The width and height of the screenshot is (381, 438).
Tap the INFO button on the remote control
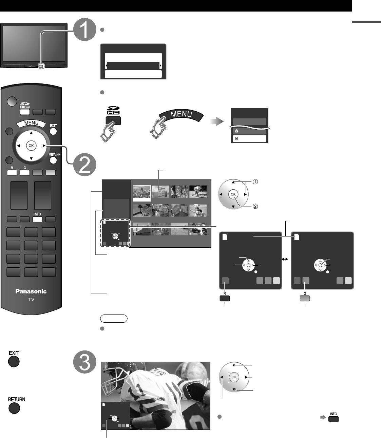[x=37, y=219]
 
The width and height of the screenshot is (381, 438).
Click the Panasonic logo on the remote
[x=31, y=291]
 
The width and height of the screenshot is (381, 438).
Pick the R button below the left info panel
[x=225, y=299]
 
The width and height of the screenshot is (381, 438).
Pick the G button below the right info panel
[x=305, y=299]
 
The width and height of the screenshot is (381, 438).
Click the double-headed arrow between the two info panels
[x=285, y=259]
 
